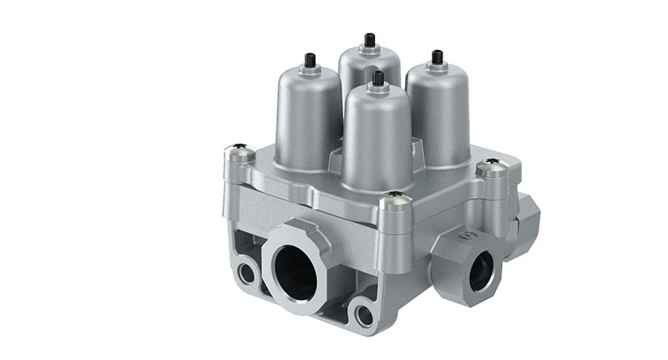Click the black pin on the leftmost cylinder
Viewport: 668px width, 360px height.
click(310, 60)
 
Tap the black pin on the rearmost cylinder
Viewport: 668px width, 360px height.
click(369, 39)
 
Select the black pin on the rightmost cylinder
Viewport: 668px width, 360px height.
click(436, 57)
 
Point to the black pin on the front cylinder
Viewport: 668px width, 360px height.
click(378, 79)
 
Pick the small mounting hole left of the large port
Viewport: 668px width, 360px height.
click(248, 272)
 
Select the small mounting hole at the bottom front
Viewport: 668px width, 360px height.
click(365, 315)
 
